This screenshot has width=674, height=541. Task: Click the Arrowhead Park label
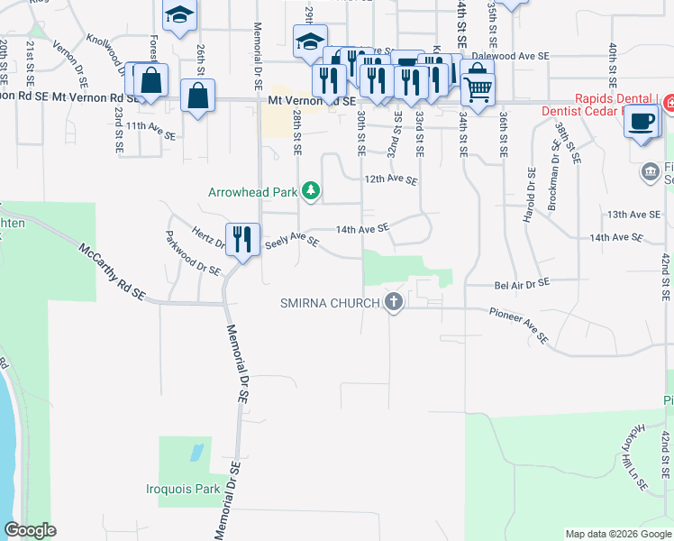[253, 192]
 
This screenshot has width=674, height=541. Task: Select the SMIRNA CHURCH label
[329, 303]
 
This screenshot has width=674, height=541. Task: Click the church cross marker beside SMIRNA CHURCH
[393, 302]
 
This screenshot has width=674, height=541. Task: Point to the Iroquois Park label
[183, 490]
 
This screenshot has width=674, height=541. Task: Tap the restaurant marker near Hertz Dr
[242, 239]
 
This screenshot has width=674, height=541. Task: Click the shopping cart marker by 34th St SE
[478, 88]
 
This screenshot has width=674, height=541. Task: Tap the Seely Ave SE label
[290, 242]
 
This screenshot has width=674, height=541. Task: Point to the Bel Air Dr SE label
[522, 285]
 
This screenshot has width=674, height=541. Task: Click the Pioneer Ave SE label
[519, 326]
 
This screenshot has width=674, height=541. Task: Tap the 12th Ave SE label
[391, 180]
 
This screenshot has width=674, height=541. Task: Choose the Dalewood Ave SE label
[510, 56]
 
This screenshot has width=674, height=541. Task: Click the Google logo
[30, 530]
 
